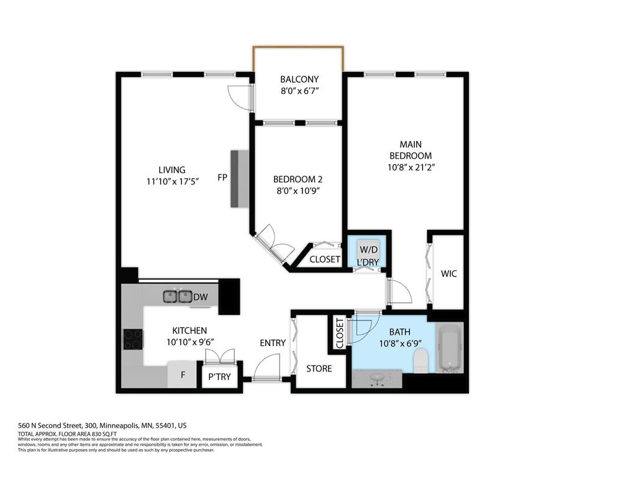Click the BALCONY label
pos(299,79)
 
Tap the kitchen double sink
pos(177,296)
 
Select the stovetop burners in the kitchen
pos(133,339)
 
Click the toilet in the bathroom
pos(422,360)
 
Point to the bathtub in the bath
pos(448,348)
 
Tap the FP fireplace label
pos(222,178)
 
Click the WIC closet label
pos(448,273)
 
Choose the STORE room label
pos(319,368)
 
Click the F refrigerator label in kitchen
pos(183,375)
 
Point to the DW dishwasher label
pos(200,298)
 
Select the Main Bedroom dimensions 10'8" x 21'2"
pos(411,167)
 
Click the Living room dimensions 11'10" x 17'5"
pos(172,181)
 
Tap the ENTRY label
pos(273,343)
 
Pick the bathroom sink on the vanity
pos(377,379)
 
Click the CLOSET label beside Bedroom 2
pos(324,259)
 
